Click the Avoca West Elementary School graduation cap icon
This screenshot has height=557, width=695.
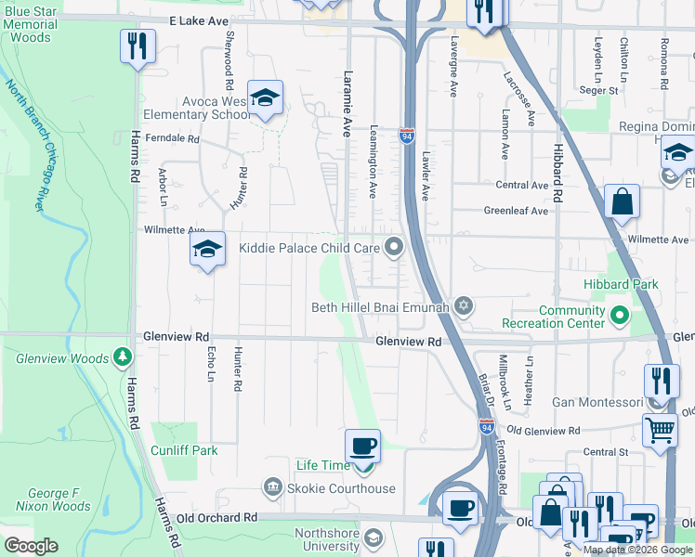(x=265, y=98)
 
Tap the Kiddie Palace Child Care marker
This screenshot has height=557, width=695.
(x=395, y=247)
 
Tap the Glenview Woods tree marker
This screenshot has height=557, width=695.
(x=122, y=357)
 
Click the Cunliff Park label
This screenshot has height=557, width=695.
(x=184, y=450)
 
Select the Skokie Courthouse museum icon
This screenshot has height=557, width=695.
(x=271, y=487)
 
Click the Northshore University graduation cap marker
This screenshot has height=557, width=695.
(x=373, y=538)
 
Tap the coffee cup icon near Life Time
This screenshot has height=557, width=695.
(x=362, y=445)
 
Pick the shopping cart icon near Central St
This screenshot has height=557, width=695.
(x=660, y=428)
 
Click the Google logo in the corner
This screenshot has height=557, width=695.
(x=31, y=545)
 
